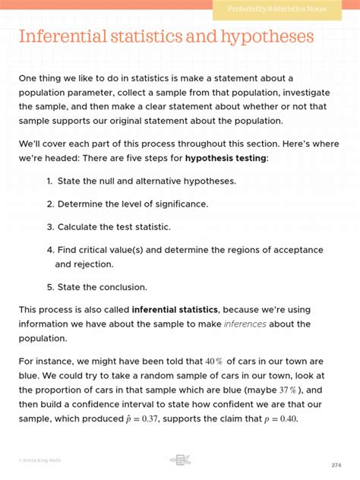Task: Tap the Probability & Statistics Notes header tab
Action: pyautogui.click(x=288, y=8)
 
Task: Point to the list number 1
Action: pyautogui.click(x=49, y=181)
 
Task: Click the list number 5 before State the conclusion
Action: pyautogui.click(x=49, y=287)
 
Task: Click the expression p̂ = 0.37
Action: pyautogui.click(x=137, y=419)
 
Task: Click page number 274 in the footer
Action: pyautogui.click(x=336, y=465)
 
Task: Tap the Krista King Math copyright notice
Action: pyautogui.click(x=39, y=460)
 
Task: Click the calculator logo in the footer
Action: pyautogui.click(x=180, y=460)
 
